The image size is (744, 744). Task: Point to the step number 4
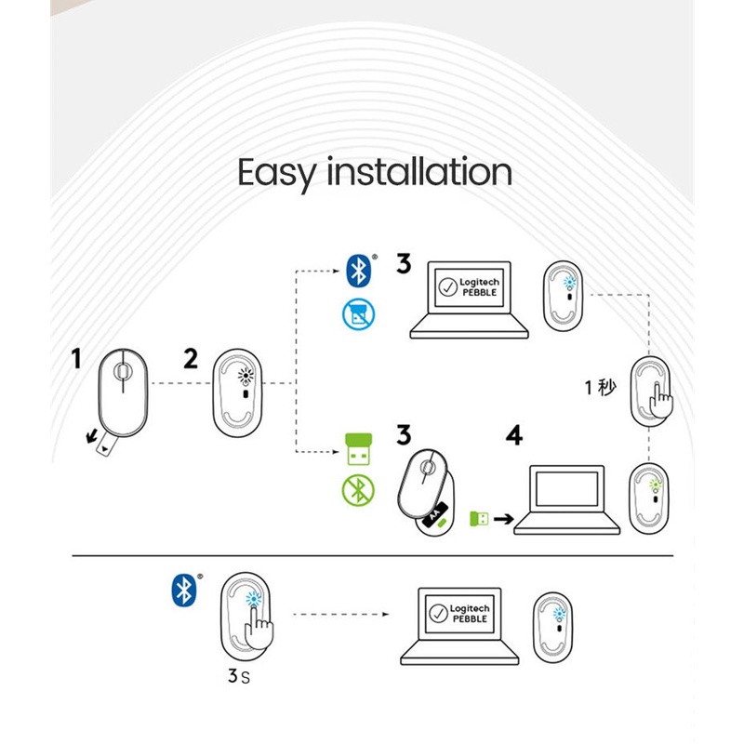(x=513, y=436)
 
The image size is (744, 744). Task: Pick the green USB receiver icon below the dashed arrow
(x=355, y=451)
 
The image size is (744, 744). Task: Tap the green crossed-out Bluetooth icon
(x=355, y=490)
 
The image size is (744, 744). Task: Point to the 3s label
(x=238, y=677)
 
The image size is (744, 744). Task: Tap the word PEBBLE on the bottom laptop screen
(x=468, y=619)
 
